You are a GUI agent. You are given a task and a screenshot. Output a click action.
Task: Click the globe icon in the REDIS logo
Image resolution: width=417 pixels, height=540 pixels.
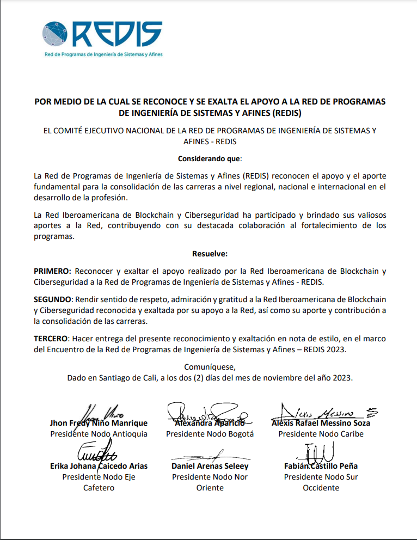(x=56, y=34)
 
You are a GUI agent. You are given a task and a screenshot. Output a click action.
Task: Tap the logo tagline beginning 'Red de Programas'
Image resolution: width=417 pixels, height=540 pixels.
(x=103, y=54)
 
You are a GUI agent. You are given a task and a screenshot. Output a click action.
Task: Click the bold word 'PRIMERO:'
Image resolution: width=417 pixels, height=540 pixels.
(x=52, y=271)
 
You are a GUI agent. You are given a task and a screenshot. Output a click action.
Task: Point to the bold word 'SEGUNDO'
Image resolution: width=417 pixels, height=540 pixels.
(x=52, y=300)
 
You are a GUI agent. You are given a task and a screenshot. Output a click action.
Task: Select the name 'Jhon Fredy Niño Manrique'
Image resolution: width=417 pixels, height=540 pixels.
(x=99, y=423)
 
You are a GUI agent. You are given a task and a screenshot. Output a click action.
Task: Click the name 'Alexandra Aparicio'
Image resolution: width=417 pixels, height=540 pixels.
(x=210, y=423)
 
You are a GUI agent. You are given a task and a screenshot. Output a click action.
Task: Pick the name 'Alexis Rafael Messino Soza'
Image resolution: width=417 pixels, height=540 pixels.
(x=321, y=423)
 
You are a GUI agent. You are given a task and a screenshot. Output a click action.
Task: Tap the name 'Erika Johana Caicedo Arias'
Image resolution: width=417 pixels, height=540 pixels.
(x=99, y=466)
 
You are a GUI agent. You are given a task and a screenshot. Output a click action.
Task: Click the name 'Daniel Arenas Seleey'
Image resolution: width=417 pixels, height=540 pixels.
(x=210, y=466)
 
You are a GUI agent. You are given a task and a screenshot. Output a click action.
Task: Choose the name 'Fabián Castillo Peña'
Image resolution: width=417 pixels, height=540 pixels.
(x=321, y=466)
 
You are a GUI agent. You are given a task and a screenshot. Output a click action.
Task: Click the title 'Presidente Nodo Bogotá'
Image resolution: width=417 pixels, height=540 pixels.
(x=210, y=434)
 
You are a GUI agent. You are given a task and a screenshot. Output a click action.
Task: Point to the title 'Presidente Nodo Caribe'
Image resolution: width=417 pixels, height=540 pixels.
(x=321, y=434)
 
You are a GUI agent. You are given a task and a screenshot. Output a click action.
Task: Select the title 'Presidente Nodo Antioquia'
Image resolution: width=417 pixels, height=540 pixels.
(x=99, y=434)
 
